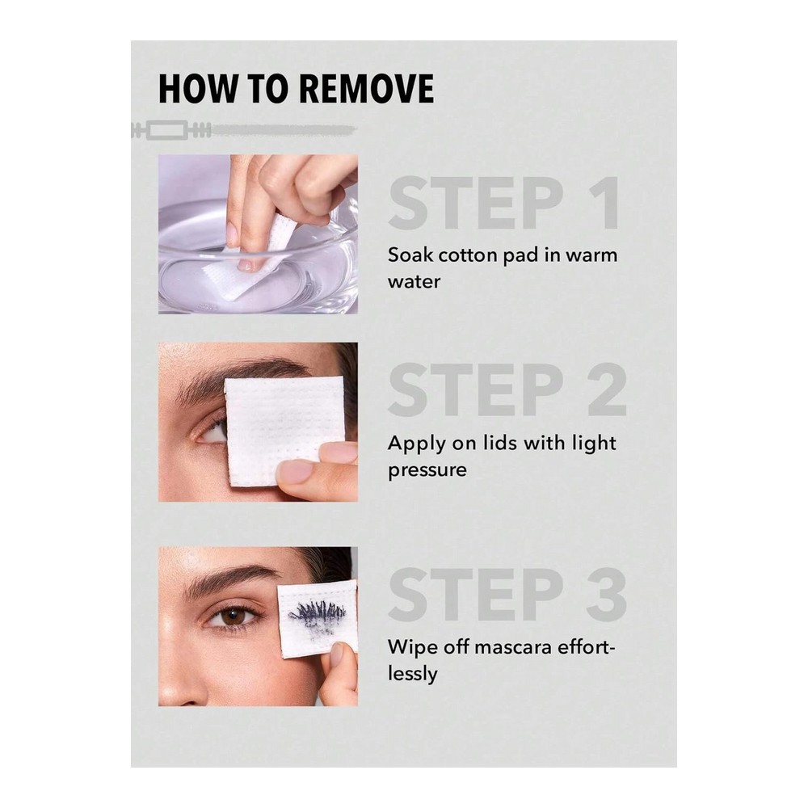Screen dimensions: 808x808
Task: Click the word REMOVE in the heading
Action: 366,89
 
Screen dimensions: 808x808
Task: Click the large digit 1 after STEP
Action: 604,204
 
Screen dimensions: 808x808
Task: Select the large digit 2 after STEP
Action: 608,389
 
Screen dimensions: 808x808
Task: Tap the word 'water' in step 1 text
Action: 415,282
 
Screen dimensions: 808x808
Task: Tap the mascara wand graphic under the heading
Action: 244,130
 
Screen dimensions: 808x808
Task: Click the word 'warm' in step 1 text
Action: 591,255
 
